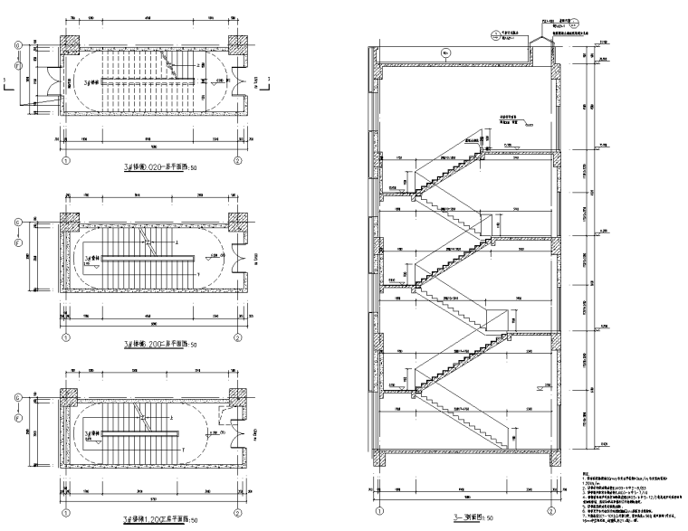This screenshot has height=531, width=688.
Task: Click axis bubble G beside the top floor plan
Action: coord(17,44)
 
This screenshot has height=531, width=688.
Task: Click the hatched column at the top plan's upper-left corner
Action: coord(70,43)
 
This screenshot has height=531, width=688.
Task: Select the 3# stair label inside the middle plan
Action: coord(91,260)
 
